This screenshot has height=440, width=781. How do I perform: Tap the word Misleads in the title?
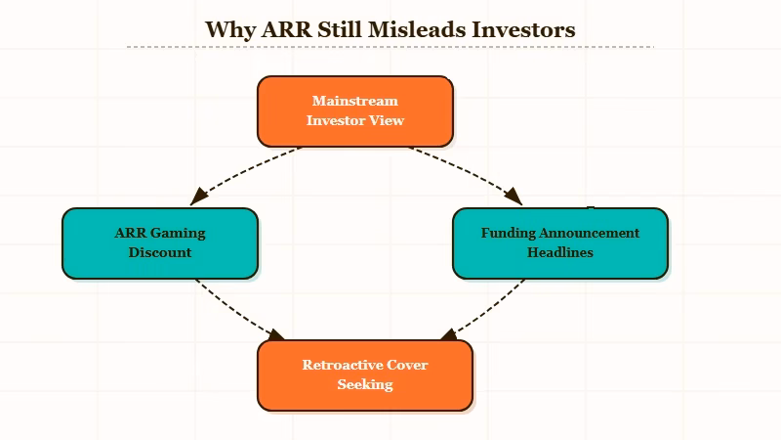pyautogui.click(x=414, y=29)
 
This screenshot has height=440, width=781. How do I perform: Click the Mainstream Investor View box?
pyautogui.click(x=355, y=110)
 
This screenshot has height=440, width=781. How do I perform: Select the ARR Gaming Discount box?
pyautogui.click(x=160, y=242)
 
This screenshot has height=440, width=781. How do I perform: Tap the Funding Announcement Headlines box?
pyautogui.click(x=560, y=242)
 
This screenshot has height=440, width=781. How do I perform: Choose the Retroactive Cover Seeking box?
pyautogui.click(x=365, y=374)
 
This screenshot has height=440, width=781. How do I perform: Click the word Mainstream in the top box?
pyautogui.click(x=355, y=101)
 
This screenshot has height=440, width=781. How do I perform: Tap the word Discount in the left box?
pyautogui.click(x=160, y=252)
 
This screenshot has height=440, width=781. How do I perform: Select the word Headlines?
pyautogui.click(x=560, y=252)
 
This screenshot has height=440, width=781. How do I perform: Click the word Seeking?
pyautogui.click(x=365, y=384)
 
